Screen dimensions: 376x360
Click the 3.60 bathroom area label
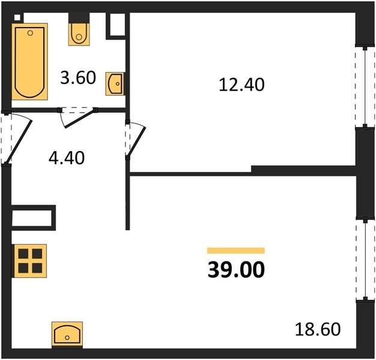(x=78, y=77)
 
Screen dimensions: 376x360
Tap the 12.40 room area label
(x=241, y=85)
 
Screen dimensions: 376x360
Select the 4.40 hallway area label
(x=67, y=158)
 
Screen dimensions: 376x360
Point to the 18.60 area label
(x=318, y=329)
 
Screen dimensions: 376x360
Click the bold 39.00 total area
(x=236, y=270)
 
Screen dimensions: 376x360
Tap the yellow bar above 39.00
(x=236, y=250)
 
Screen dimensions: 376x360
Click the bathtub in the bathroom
(x=29, y=62)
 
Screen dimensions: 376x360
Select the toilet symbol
(x=79, y=34)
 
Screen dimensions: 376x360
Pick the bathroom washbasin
(x=115, y=83)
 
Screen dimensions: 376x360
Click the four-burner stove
(x=30, y=261)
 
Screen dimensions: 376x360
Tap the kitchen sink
(x=67, y=334)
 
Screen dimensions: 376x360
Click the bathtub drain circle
(x=30, y=33)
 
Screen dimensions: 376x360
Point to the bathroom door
(x=77, y=117)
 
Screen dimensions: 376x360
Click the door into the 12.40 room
(x=135, y=140)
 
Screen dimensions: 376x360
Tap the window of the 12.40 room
(x=365, y=87)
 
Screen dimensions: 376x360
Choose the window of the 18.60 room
(x=365, y=260)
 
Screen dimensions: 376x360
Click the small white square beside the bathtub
(x=17, y=17)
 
